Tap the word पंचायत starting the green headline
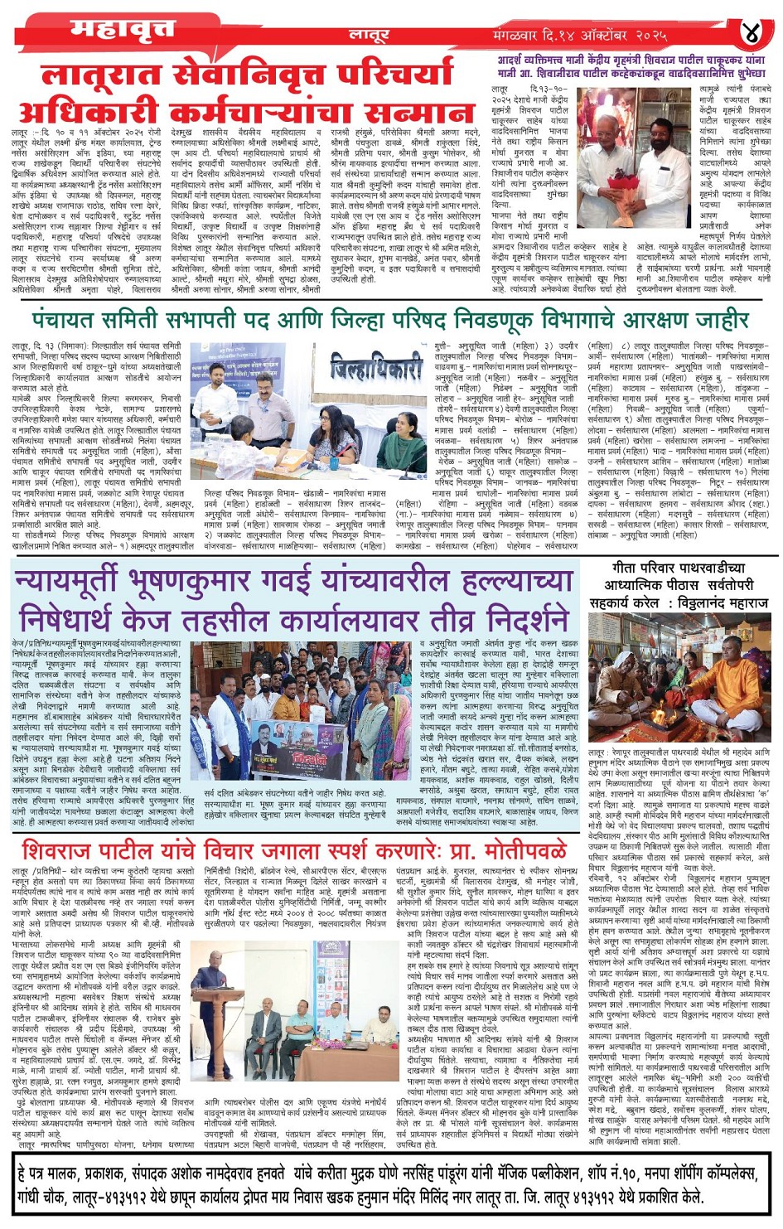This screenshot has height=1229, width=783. (x=69, y=319)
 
